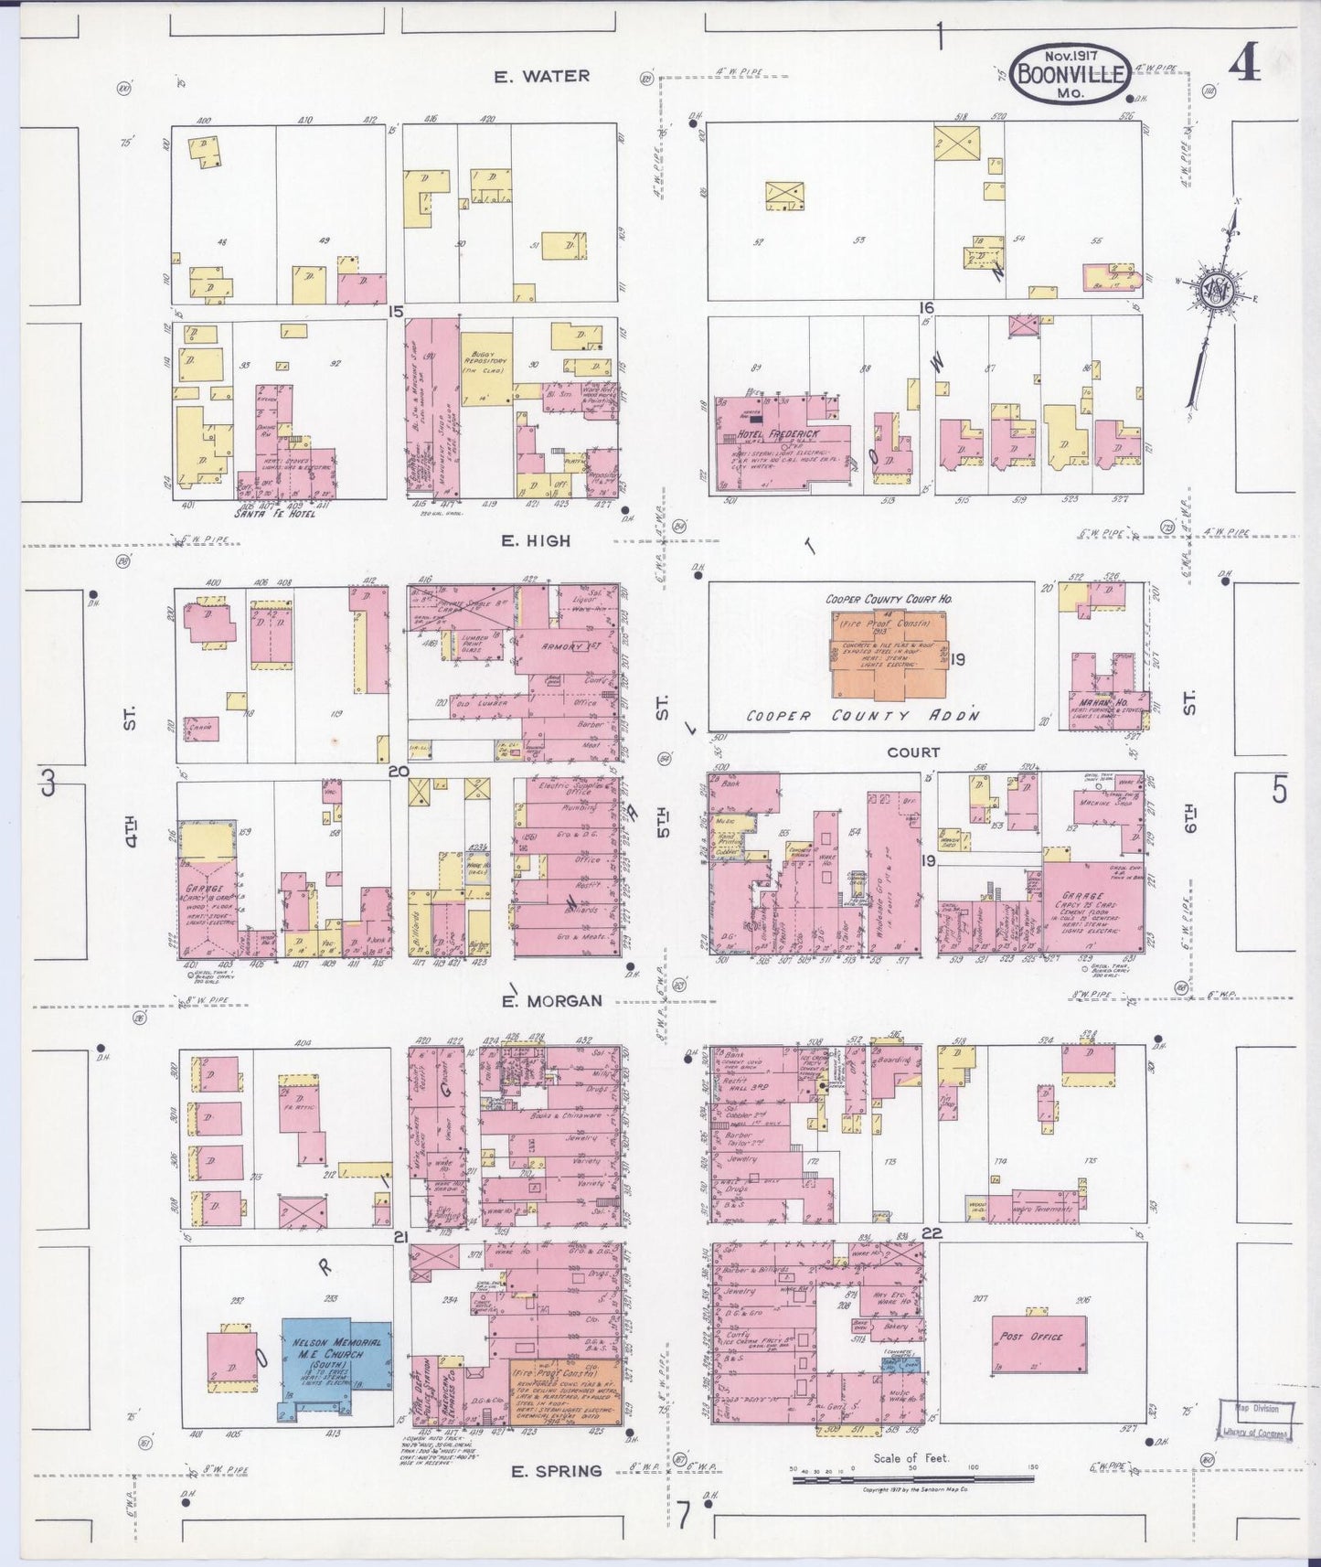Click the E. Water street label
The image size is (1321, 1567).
(542, 77)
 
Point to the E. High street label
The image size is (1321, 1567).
(536, 541)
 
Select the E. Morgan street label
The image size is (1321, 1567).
(552, 1000)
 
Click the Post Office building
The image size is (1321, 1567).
(1039, 1343)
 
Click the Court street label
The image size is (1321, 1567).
(912, 752)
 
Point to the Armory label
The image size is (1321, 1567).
(563, 646)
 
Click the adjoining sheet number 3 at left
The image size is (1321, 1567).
(48, 784)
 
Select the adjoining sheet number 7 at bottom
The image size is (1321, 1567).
(682, 1515)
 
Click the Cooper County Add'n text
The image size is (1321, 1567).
(862, 716)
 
